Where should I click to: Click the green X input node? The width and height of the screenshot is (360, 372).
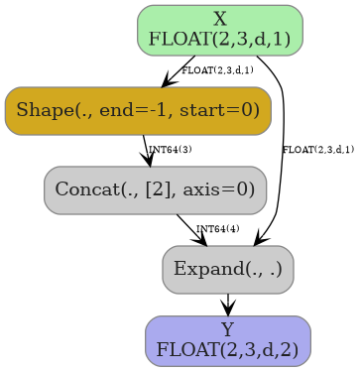tap(219, 29)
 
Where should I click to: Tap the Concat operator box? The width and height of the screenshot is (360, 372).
tap(155, 189)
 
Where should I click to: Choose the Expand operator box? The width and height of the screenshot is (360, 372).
tap(227, 269)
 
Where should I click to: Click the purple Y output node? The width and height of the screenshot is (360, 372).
tap(227, 340)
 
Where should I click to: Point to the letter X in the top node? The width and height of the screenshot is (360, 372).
tap(220, 19)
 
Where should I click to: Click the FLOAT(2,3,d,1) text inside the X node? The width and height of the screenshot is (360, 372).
tap(219, 40)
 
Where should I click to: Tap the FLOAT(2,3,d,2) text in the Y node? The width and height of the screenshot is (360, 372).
tap(227, 350)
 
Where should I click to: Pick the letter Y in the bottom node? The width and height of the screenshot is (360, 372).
tap(227, 329)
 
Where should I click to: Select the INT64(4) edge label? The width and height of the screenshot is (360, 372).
tap(217, 229)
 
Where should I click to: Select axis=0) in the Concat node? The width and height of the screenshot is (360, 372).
tap(224, 189)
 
